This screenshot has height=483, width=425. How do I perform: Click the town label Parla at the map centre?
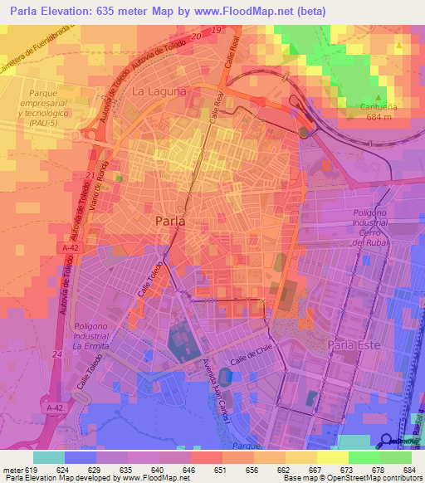coord(170,222)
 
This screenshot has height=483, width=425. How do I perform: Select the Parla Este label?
coord(354,344)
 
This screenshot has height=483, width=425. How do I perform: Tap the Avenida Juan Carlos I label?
coord(221,389)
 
